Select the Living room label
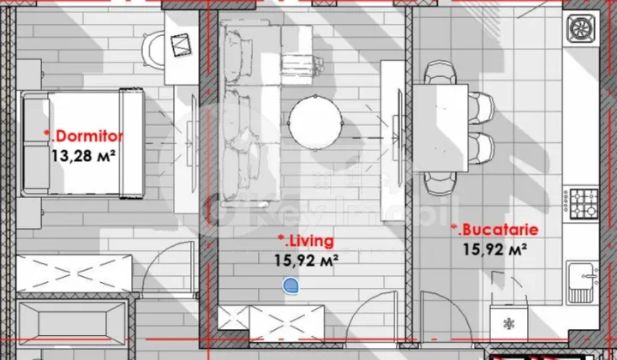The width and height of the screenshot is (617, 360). (x=306, y=241)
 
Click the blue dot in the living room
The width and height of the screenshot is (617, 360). (x=291, y=287)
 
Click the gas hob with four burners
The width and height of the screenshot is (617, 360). (x=587, y=202)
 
